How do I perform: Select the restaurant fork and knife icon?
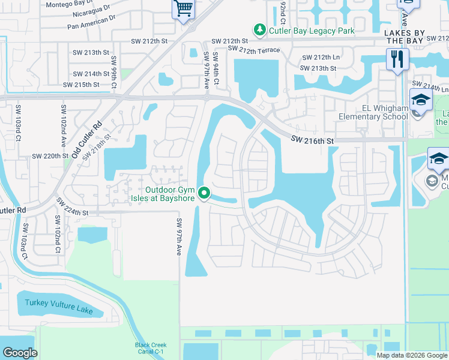pyautogui.click(x=397, y=59)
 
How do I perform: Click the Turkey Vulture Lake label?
pyautogui.click(x=59, y=310)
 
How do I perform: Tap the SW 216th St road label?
pyautogui.click(x=312, y=140)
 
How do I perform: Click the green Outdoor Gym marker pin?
pyautogui.click(x=205, y=193)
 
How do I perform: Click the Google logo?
pyautogui.click(x=20, y=353)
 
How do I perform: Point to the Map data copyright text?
pyautogui.click(x=411, y=355)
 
